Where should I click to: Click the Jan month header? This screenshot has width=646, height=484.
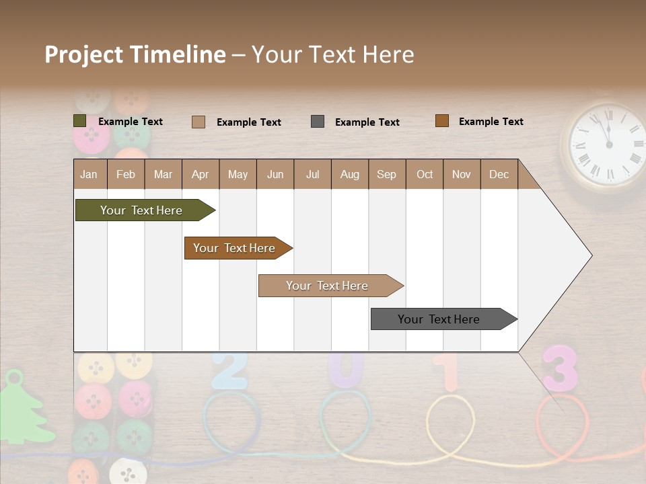[x=89, y=175]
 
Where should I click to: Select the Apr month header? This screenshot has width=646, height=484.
[x=200, y=175]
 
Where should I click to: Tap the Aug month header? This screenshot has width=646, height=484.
[x=349, y=175]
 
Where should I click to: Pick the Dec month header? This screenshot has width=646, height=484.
[x=499, y=175]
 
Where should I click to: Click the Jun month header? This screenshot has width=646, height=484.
[x=275, y=175]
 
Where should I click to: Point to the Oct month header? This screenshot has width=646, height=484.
[x=424, y=175]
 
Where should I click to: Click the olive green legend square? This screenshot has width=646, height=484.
[x=79, y=121]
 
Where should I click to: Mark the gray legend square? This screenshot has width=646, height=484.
[x=318, y=122]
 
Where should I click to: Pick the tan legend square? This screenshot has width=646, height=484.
[x=199, y=122]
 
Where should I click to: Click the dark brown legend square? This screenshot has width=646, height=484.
[x=442, y=121]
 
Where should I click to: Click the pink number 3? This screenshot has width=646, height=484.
[x=560, y=368]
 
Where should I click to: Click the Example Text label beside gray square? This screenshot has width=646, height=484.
[x=367, y=122]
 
